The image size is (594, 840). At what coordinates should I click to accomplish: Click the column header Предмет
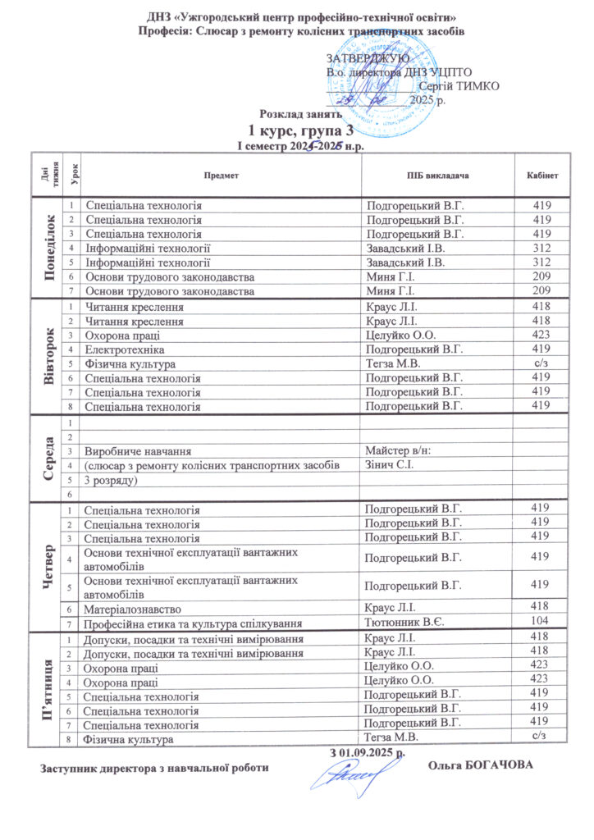(222, 176)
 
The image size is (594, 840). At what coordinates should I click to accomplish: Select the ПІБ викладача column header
(438, 176)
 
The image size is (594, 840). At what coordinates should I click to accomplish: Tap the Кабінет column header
(541, 176)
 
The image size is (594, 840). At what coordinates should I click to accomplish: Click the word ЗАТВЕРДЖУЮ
(368, 59)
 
